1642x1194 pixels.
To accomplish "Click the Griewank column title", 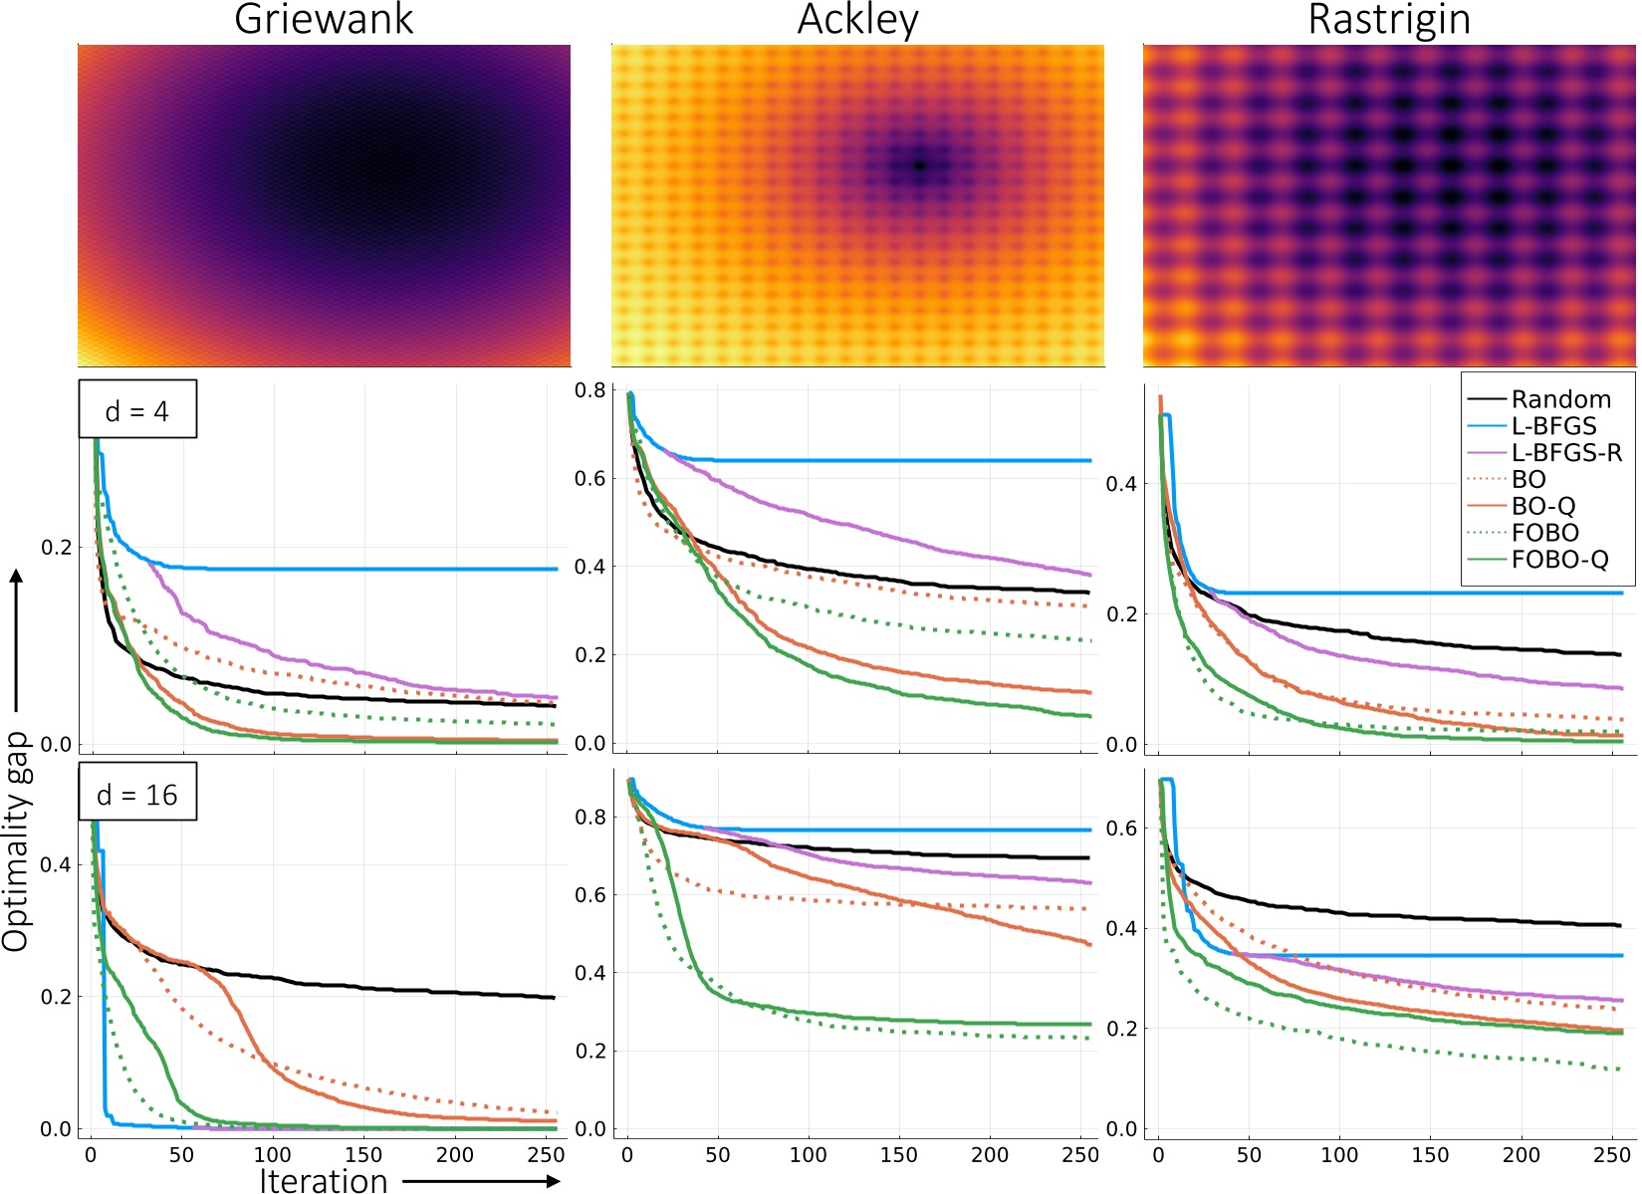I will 324,20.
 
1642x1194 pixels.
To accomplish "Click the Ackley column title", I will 857,20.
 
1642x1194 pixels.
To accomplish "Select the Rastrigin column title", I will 1389,20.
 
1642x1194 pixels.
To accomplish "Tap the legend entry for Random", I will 1559,399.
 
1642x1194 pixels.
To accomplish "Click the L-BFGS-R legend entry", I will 1565,453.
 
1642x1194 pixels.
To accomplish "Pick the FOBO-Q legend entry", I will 1558,560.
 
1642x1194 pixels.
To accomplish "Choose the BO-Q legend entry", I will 1542,507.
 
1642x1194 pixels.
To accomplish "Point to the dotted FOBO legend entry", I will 1544,533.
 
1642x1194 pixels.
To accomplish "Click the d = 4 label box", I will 137,410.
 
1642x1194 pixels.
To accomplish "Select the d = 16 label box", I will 137,795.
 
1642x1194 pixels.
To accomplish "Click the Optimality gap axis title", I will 16,841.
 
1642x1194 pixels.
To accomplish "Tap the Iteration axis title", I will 324,1181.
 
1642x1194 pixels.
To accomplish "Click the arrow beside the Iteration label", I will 482,1181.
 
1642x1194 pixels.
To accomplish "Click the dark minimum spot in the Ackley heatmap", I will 919,165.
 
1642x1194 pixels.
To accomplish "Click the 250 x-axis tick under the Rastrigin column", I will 1611,1155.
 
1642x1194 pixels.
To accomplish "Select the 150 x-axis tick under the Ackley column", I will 898,1155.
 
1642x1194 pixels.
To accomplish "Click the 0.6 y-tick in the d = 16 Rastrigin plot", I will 1121,829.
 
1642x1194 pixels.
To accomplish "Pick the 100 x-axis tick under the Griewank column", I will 273,1155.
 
